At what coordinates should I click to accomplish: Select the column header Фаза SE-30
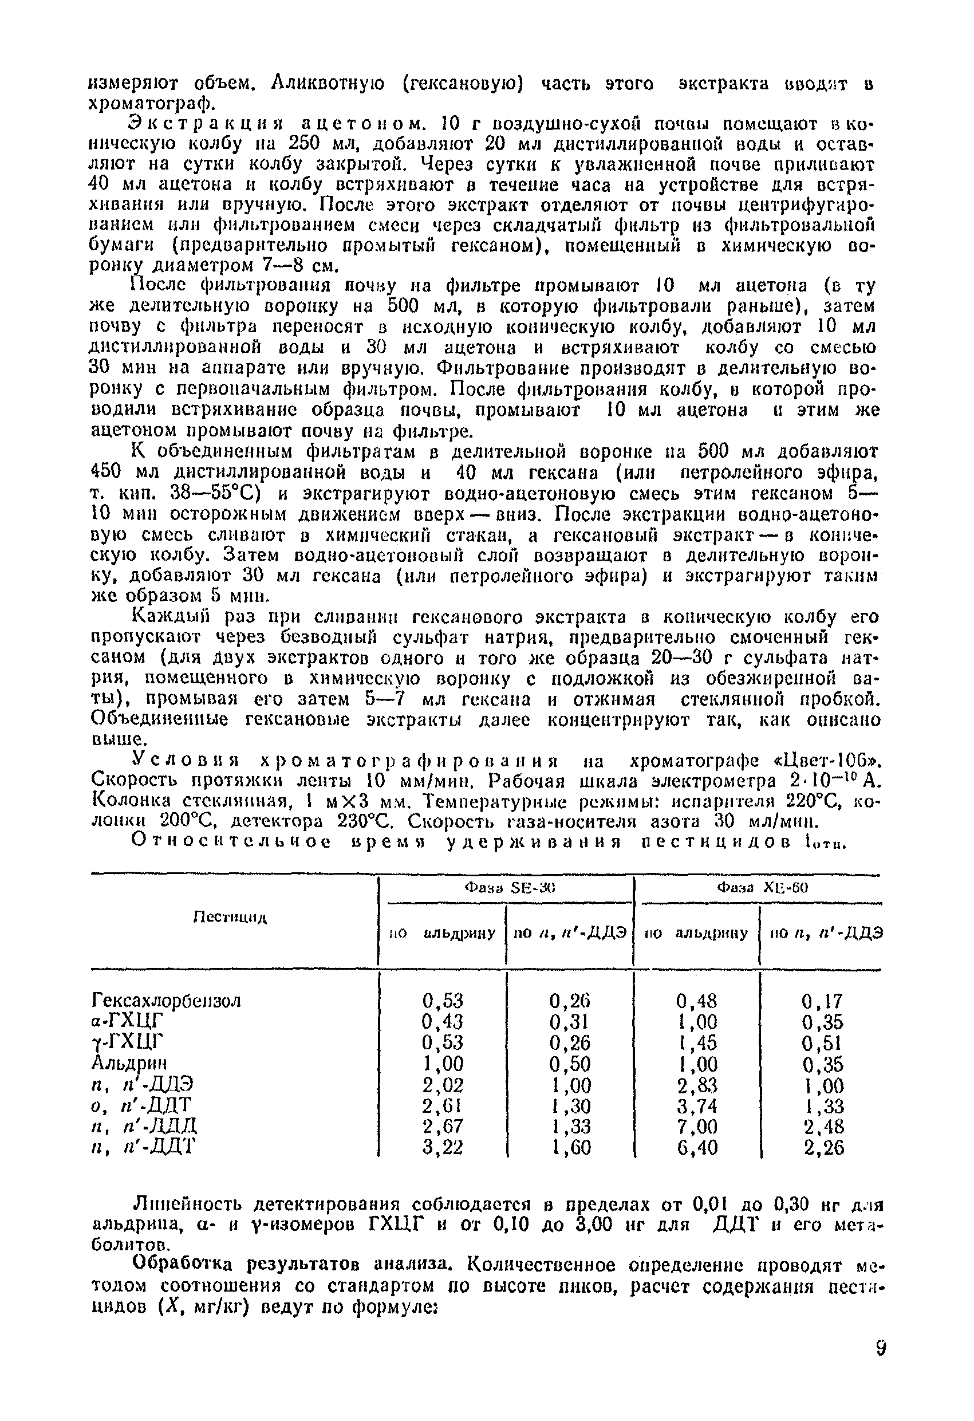[x=508, y=887]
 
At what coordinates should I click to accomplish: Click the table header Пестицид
[x=231, y=917]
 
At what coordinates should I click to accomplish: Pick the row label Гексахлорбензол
[x=166, y=1001]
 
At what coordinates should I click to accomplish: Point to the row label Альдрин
[x=129, y=1063]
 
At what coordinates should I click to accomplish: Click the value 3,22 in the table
[x=443, y=1147]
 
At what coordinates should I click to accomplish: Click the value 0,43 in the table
[x=443, y=1022]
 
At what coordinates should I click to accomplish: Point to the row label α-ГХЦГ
[x=128, y=1022]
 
